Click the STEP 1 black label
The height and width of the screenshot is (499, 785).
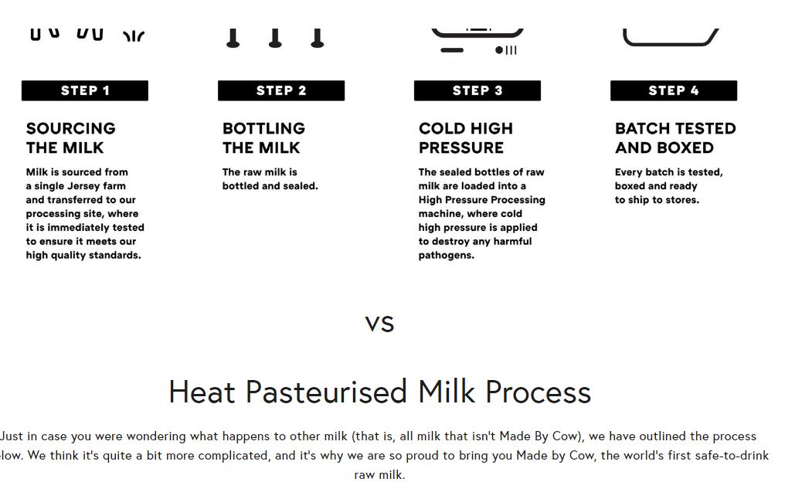pos(85,90)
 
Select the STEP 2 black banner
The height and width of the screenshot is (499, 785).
pos(281,90)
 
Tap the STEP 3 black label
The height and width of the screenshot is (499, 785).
pos(477,90)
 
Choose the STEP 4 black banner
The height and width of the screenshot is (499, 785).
pos(674,90)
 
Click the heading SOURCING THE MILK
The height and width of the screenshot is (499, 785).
pos(70,138)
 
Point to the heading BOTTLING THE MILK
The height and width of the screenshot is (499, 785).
pos(263,138)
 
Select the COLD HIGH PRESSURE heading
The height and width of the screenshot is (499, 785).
pos(466,138)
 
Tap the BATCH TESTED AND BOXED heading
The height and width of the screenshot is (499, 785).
pos(675,138)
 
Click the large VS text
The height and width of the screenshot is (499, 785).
pos(380,324)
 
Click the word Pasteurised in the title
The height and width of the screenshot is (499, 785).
pos(326,392)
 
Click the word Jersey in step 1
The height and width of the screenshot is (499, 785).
pos(65,186)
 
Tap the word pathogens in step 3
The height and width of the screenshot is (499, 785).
pos(446,255)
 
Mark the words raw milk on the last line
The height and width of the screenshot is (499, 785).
pos(379,474)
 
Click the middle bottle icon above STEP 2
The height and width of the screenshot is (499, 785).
pos(275,38)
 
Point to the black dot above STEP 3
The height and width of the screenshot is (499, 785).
pos(499,50)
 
